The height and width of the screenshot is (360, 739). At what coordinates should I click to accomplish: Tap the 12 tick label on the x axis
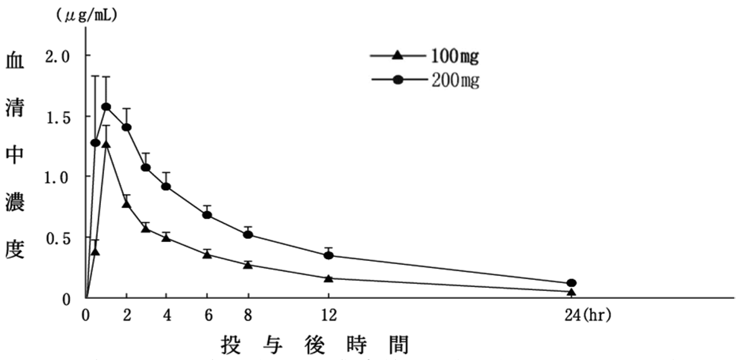pos(329,316)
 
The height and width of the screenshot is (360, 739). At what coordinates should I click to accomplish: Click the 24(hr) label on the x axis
pos(588,316)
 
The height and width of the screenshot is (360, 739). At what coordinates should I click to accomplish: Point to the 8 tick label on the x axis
pos(248,316)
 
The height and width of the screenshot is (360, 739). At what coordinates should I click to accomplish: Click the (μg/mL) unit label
pos(87,14)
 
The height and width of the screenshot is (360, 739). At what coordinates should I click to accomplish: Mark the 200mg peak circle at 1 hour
pos(106,107)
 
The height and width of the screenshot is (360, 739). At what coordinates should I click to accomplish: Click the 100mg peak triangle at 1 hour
pos(106,144)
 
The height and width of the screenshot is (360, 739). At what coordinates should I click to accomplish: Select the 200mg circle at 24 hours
pos(571,283)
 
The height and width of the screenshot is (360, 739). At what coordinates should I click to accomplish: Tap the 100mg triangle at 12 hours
pos(329,278)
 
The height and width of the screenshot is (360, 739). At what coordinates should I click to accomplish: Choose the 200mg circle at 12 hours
pos(329,255)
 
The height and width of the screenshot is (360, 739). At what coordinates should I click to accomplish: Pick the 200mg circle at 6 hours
pos(207,215)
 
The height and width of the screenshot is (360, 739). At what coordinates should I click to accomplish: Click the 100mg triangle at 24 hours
pos(571,291)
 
